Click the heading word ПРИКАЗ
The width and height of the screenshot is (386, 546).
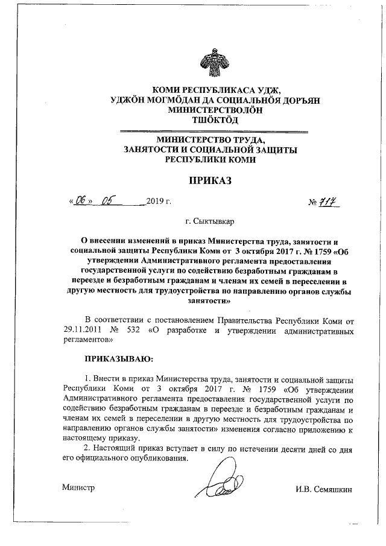(x=210, y=180)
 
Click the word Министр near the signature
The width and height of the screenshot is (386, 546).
(x=78, y=487)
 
